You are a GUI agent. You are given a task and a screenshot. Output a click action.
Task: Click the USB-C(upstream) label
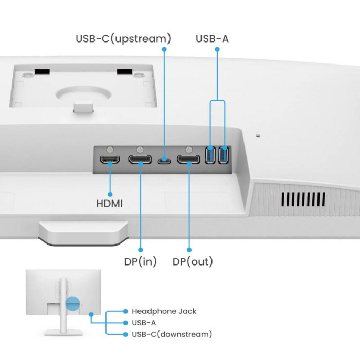pos(123,38)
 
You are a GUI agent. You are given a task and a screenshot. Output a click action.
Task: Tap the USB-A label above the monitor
pos(212,38)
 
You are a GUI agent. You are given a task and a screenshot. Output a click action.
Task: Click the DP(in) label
pos(140,261)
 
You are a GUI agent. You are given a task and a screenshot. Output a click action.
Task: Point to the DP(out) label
pos(193,261)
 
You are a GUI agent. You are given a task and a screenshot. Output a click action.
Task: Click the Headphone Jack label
pos(164,311)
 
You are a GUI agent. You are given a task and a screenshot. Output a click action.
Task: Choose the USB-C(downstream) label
pos(172,334)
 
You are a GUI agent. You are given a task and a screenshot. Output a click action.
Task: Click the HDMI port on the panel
pos(110,159)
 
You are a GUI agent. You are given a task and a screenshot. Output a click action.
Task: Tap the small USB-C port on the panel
pos(165,160)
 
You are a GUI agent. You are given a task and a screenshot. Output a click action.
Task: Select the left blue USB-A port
pos(210,155)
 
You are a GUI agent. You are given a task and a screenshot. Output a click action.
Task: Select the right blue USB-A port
pos(224,155)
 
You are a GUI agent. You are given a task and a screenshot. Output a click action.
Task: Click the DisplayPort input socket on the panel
pos(140,159)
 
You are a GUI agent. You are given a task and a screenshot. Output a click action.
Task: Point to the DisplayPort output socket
pos(188,159)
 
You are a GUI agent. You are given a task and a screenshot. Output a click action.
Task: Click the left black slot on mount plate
pos(41,71)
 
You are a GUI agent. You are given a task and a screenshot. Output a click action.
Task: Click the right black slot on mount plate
pos(125,71)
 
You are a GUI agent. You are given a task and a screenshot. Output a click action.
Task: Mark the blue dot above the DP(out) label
pos(189,250)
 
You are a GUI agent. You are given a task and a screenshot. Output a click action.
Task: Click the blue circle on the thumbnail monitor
pos(73,303)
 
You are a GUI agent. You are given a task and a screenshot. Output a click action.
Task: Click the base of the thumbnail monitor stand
pos(62,332)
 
